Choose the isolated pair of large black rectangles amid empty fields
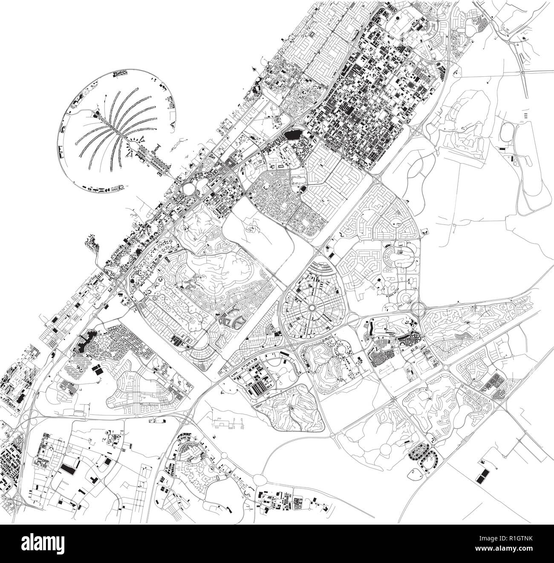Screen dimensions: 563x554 click(482, 476)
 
